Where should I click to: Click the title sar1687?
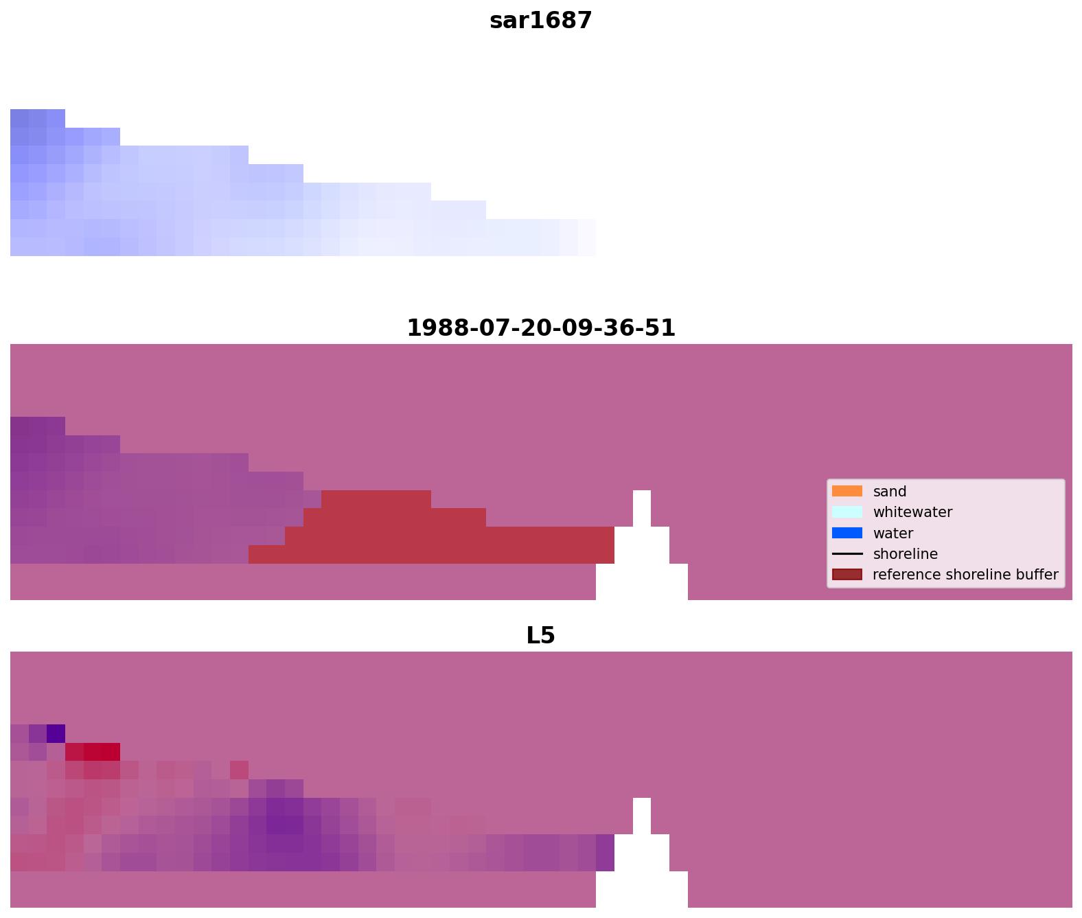click(x=540, y=21)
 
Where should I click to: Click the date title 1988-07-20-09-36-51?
click(x=540, y=328)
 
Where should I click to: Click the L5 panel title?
click(x=540, y=635)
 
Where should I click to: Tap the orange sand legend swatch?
click(x=847, y=491)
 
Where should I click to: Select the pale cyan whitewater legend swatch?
click(x=847, y=512)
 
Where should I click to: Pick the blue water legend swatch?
click(x=847, y=533)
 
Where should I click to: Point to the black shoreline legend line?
click(x=847, y=553)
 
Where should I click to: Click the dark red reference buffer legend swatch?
click(x=847, y=574)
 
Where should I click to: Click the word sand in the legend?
click(x=889, y=492)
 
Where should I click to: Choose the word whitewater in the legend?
click(x=912, y=512)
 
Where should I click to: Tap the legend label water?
click(x=893, y=533)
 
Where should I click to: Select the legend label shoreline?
click(x=905, y=554)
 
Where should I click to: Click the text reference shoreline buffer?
click(x=965, y=575)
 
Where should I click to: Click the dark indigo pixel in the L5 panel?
click(x=56, y=733)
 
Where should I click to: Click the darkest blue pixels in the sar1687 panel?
click(x=28, y=118)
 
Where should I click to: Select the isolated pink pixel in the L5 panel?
click(x=239, y=770)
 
